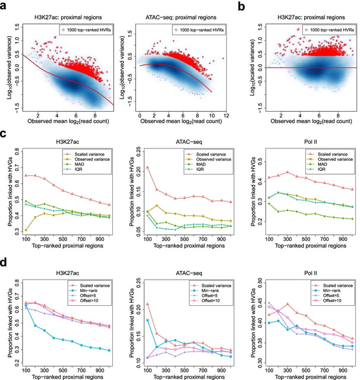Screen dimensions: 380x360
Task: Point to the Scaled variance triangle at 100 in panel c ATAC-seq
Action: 147,167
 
